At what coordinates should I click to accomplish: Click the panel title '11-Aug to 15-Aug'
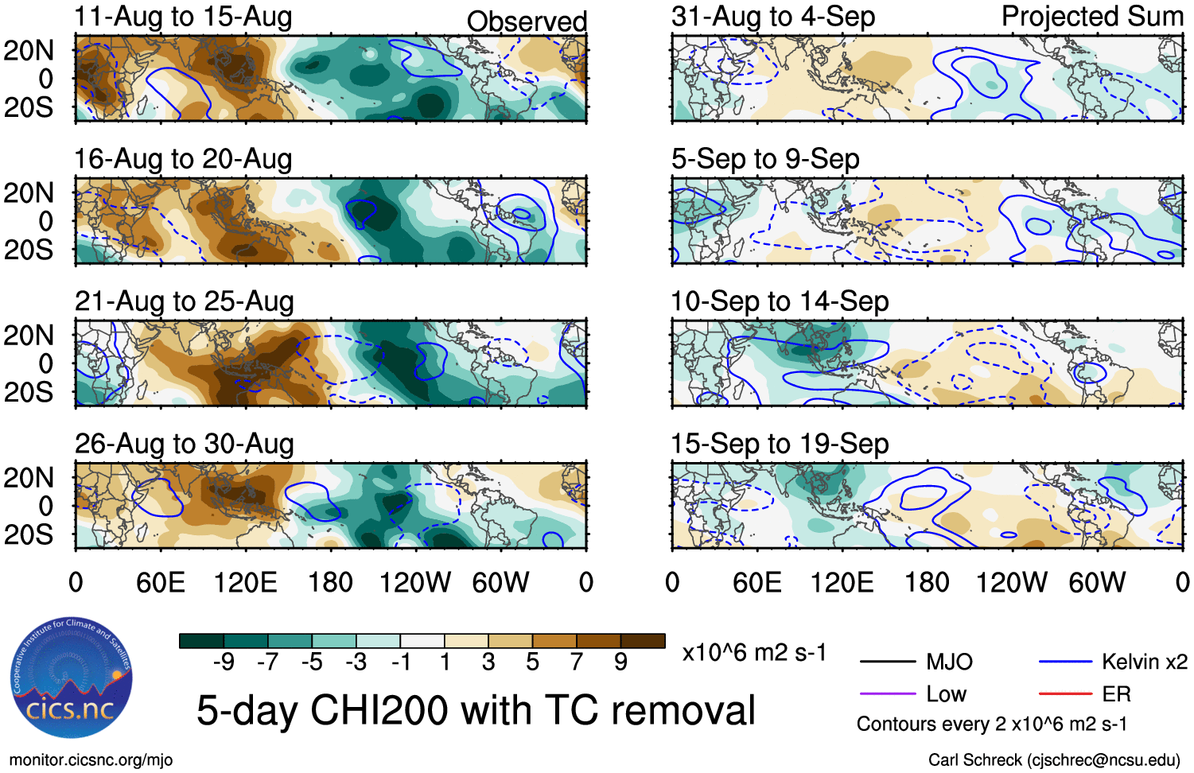[x=183, y=17]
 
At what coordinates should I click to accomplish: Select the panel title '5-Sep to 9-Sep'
[x=765, y=159]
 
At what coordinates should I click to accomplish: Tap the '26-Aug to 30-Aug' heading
[x=184, y=444]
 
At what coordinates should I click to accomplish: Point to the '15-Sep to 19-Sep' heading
[x=780, y=444]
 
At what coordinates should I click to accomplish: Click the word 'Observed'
[x=527, y=21]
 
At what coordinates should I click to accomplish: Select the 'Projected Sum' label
[x=1092, y=17]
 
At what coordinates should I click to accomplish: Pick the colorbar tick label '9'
[x=620, y=662]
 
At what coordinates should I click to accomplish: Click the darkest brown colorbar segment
[x=643, y=641]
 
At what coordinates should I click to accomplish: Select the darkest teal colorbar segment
[x=202, y=641]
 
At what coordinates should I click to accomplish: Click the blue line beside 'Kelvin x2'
[x=1065, y=662]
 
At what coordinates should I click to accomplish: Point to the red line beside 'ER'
[x=1065, y=694]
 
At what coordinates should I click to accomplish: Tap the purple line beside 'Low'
[x=888, y=694]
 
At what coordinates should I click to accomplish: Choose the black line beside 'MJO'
[x=888, y=662]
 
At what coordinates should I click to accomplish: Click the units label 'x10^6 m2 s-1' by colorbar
[x=754, y=653]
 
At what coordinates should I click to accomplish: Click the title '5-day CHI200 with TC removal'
[x=476, y=710]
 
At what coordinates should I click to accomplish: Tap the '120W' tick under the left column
[x=415, y=583]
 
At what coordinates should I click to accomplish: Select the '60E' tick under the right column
[x=757, y=583]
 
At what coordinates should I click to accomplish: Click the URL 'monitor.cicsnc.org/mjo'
[x=91, y=760]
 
